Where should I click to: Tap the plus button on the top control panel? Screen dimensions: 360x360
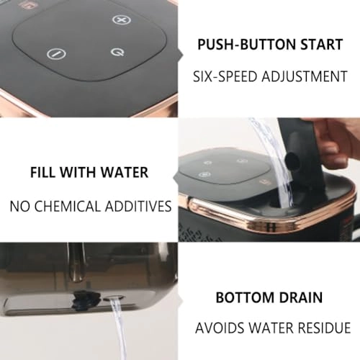pyautogui.click(x=122, y=19)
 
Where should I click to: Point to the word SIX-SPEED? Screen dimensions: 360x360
pyautogui.click(x=225, y=76)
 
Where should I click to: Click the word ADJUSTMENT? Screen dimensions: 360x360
pyautogui.click(x=305, y=76)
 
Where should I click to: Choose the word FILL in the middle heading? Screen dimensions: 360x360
pyautogui.click(x=43, y=172)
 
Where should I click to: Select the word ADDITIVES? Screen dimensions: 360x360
pyautogui.click(x=138, y=206)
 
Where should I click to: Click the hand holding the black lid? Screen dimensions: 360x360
pyautogui.click(x=337, y=145)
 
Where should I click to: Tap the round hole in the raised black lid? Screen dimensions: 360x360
pyautogui.click(x=292, y=158)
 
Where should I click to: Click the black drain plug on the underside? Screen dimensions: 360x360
pyautogui.click(x=85, y=299)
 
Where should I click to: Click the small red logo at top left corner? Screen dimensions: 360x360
pyautogui.click(x=24, y=5)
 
